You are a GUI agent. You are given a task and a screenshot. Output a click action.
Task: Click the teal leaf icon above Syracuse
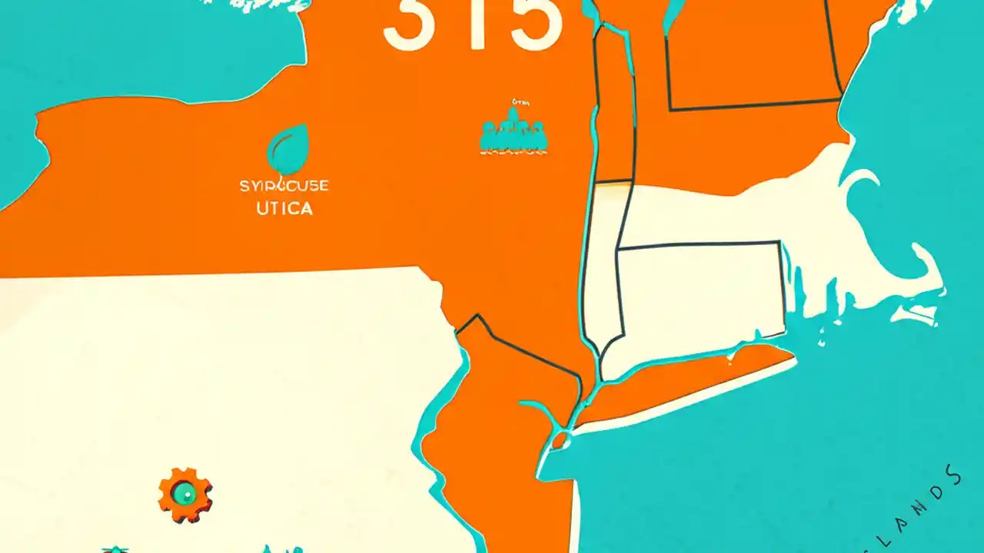click(x=288, y=150)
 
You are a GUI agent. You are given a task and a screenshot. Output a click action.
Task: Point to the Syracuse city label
click(x=284, y=186)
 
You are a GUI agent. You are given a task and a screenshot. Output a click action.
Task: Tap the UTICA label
click(x=284, y=208)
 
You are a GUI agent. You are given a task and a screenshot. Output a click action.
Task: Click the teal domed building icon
click(x=513, y=133)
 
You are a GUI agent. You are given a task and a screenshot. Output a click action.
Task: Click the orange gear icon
click(x=185, y=494)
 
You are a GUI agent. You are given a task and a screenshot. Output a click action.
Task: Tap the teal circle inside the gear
click(x=184, y=494)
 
